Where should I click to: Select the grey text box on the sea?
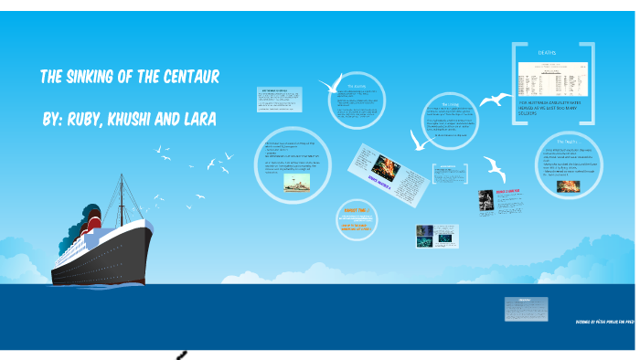pyautogui.click(x=526, y=307)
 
